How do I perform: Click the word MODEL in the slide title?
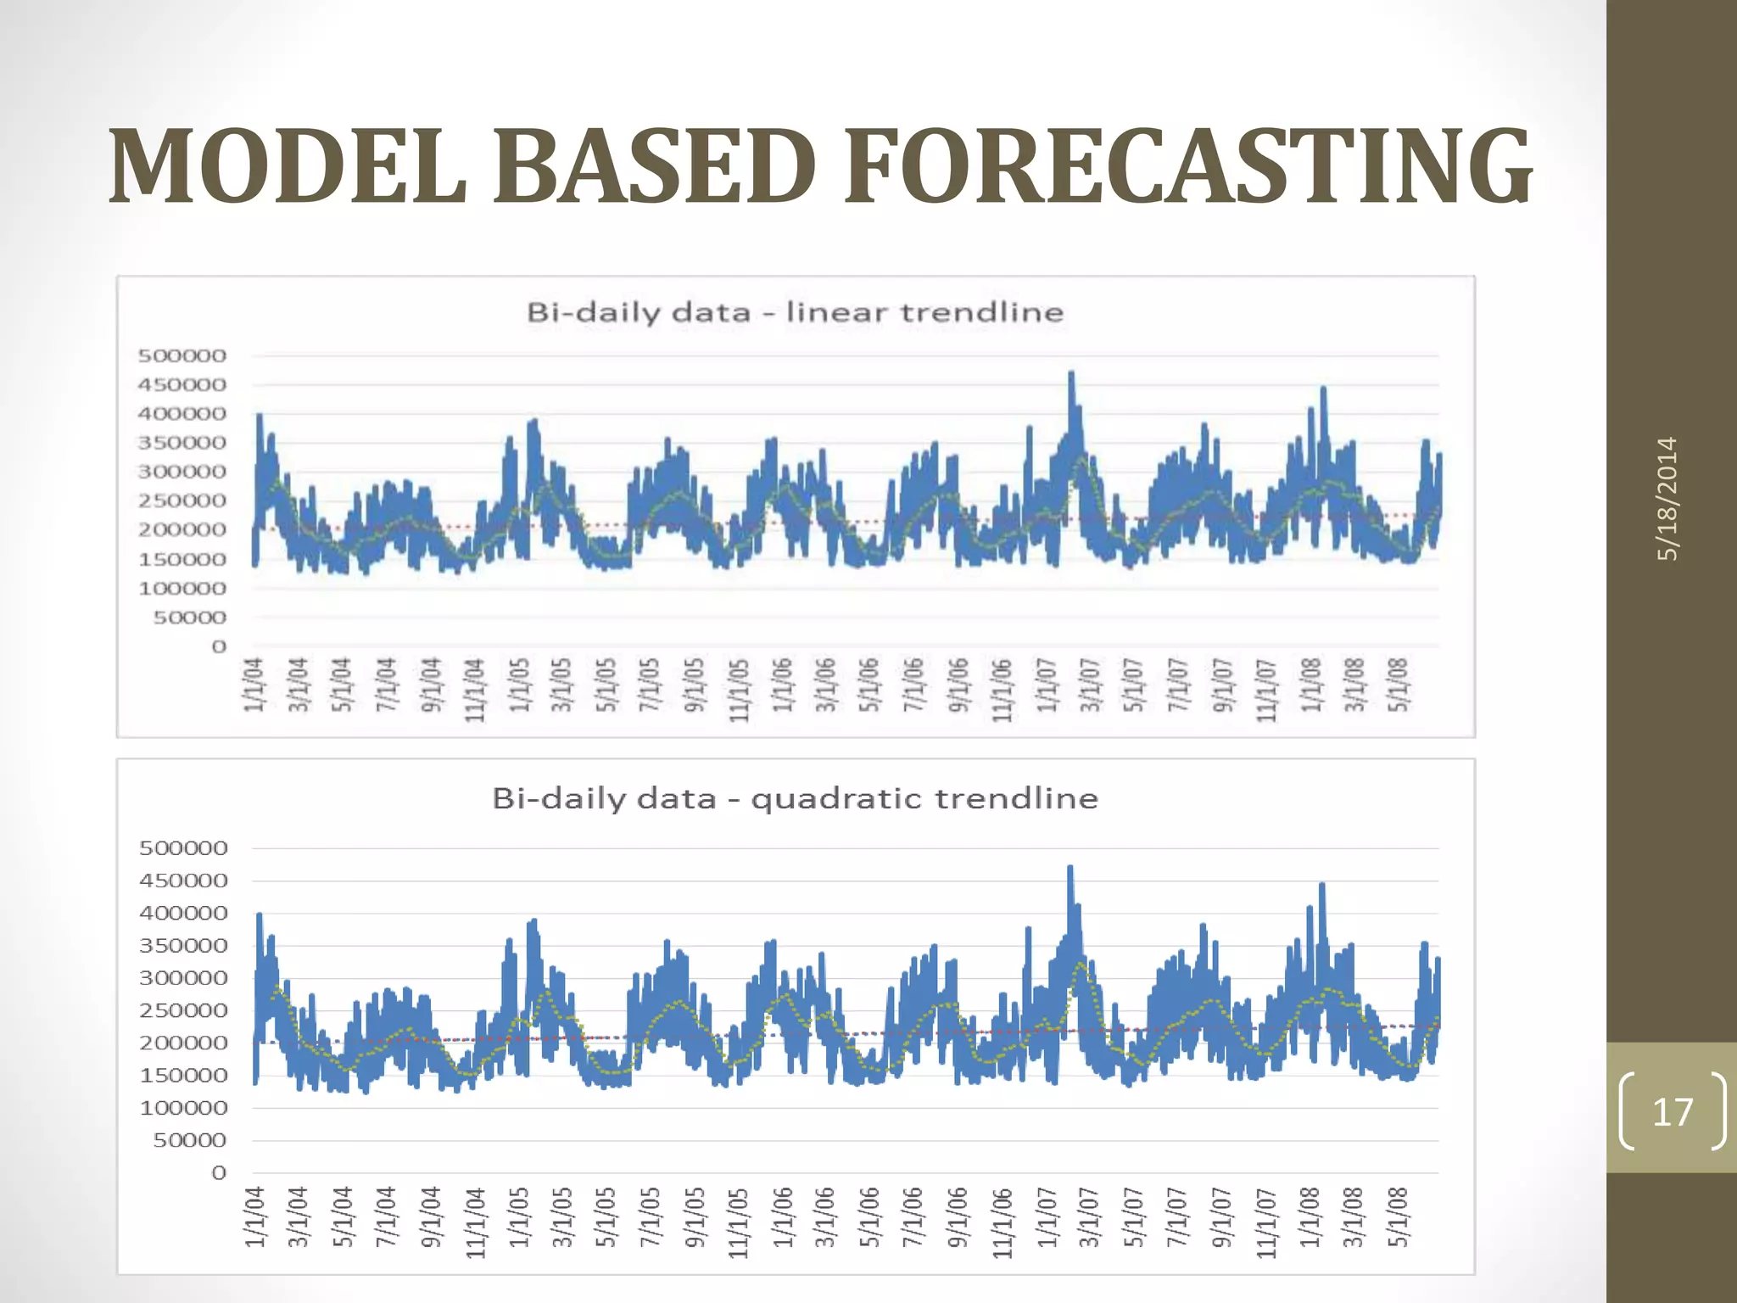[x=288, y=165]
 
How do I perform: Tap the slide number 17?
[x=1673, y=1111]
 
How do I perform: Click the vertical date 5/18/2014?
[x=1667, y=498]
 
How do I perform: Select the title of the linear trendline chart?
[x=795, y=312]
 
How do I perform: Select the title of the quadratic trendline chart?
[x=795, y=798]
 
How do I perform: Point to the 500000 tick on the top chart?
[x=182, y=355]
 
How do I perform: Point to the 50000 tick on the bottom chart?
[x=190, y=1140]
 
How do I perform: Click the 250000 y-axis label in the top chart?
[x=182, y=501]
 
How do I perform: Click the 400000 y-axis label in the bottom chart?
[x=183, y=913]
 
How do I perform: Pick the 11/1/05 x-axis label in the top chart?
[x=739, y=690]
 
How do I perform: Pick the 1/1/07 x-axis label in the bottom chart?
[x=1047, y=1216]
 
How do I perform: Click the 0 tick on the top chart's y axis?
[x=219, y=646]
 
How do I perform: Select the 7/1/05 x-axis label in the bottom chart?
[x=650, y=1216]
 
